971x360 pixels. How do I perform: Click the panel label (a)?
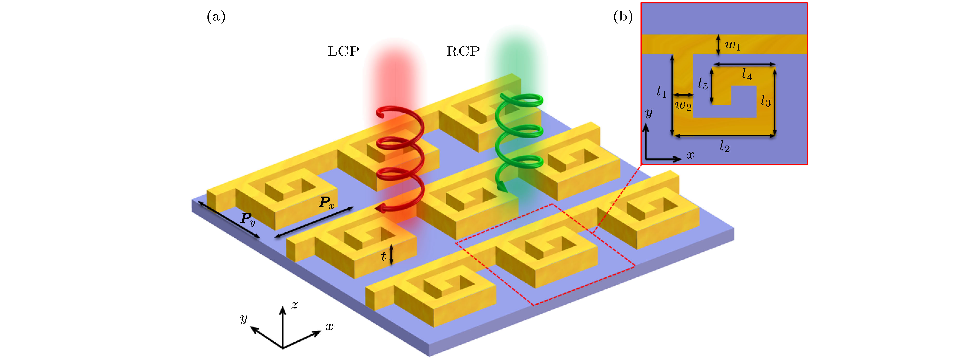click(216, 17)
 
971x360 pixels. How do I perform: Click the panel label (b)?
click(623, 17)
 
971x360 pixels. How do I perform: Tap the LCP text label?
click(343, 51)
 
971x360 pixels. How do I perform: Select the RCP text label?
click(463, 51)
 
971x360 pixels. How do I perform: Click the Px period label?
click(326, 203)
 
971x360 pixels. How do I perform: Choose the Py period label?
click(248, 218)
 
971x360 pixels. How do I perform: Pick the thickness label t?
click(383, 256)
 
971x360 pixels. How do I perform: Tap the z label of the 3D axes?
click(294, 305)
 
